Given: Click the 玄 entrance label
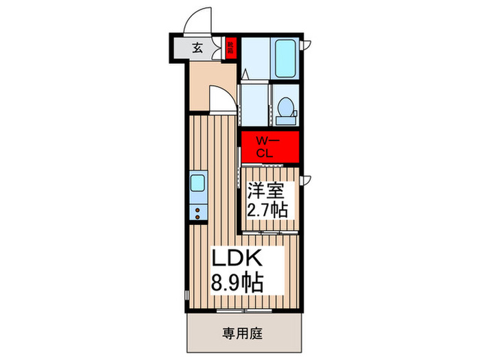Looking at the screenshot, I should click(197, 49).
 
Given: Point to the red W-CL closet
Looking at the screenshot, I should click(269, 147).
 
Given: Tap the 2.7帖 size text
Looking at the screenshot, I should click(268, 208).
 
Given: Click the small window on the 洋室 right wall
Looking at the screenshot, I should click(307, 181).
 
